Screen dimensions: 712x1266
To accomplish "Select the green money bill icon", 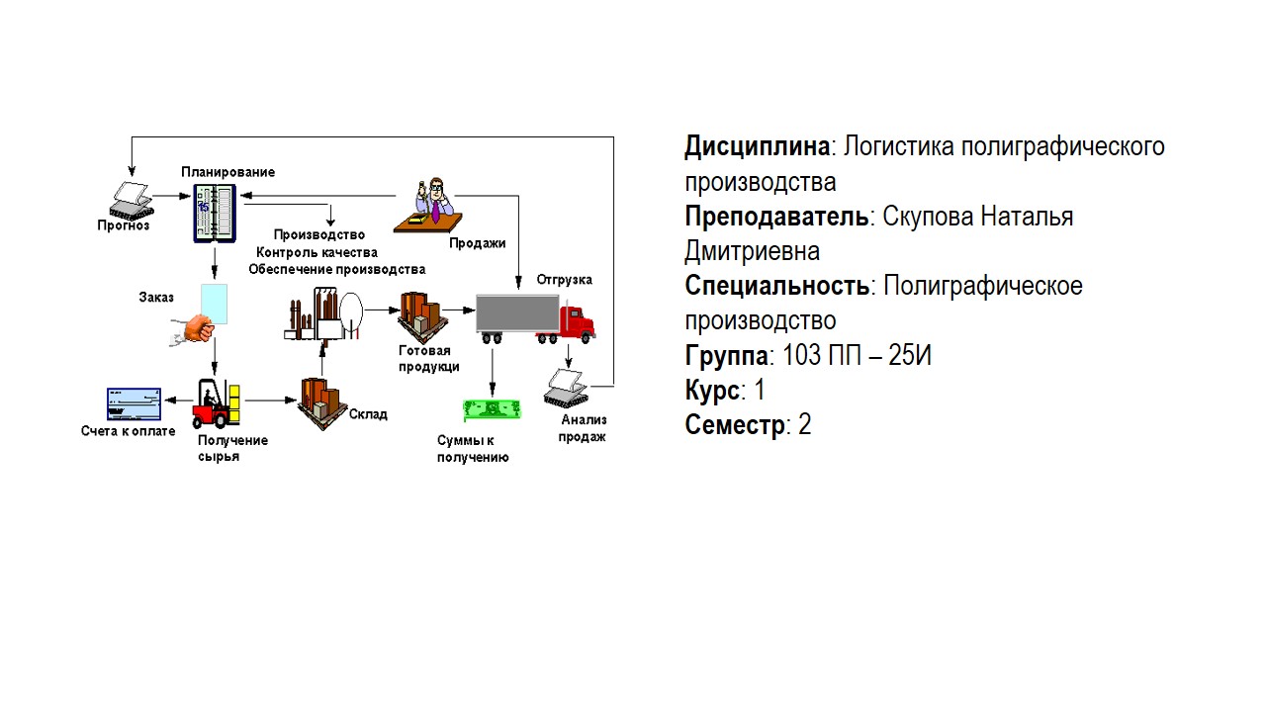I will pos(492,409).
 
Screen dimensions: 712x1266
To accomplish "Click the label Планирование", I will pos(227,172).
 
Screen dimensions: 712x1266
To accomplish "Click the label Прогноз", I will pos(124,225).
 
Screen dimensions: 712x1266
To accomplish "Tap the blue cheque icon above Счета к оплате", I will pos(134,403).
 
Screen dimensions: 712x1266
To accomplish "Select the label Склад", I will pos(368,414).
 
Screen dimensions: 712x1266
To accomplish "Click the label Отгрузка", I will pos(565,280).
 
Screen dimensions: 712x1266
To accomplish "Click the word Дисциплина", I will pos(757,147).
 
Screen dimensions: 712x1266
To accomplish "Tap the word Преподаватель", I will pos(776,217).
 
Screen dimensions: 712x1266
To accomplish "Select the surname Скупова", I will pos(927,217).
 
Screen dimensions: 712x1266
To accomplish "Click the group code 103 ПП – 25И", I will pos(857,356).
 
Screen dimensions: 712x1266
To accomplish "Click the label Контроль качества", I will pos(316,252).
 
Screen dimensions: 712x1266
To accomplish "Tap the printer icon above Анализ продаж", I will pos(569,387).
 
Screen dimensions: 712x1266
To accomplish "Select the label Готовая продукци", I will pos(429,359).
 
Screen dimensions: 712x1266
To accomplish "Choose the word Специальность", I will pos(776,287).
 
